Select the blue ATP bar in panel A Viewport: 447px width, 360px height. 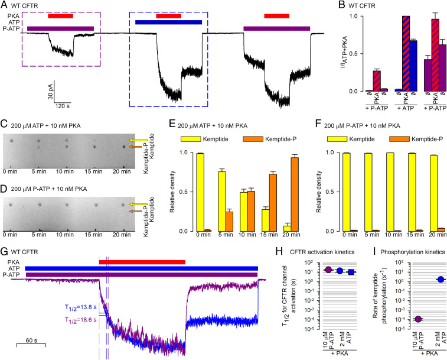[x=168, y=22]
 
